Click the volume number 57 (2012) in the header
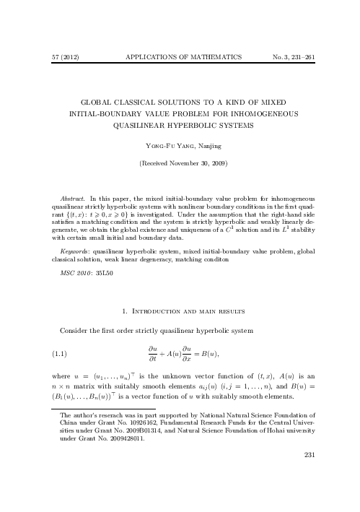56,56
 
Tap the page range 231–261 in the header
303,56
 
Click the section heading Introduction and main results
185,311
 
